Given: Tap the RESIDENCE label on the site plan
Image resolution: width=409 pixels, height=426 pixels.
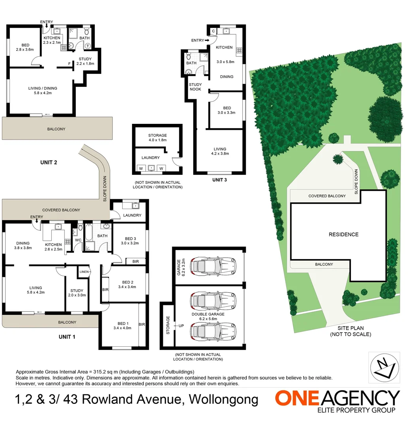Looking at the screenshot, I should [x=343, y=234].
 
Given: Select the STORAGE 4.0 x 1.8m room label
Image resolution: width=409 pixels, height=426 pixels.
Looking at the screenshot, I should [x=157, y=138].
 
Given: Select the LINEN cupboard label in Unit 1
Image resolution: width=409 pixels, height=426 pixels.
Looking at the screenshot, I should [x=84, y=272].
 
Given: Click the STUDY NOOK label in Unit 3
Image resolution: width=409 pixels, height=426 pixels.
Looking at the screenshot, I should [x=195, y=87].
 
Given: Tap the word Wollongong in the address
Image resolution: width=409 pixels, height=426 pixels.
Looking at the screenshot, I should [x=224, y=400].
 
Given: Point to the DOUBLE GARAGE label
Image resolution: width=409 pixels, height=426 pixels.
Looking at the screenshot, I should [x=208, y=317].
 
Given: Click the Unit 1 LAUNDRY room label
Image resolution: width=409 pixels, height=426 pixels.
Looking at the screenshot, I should [x=132, y=215].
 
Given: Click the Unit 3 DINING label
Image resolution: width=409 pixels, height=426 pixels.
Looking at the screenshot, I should [x=226, y=77].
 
